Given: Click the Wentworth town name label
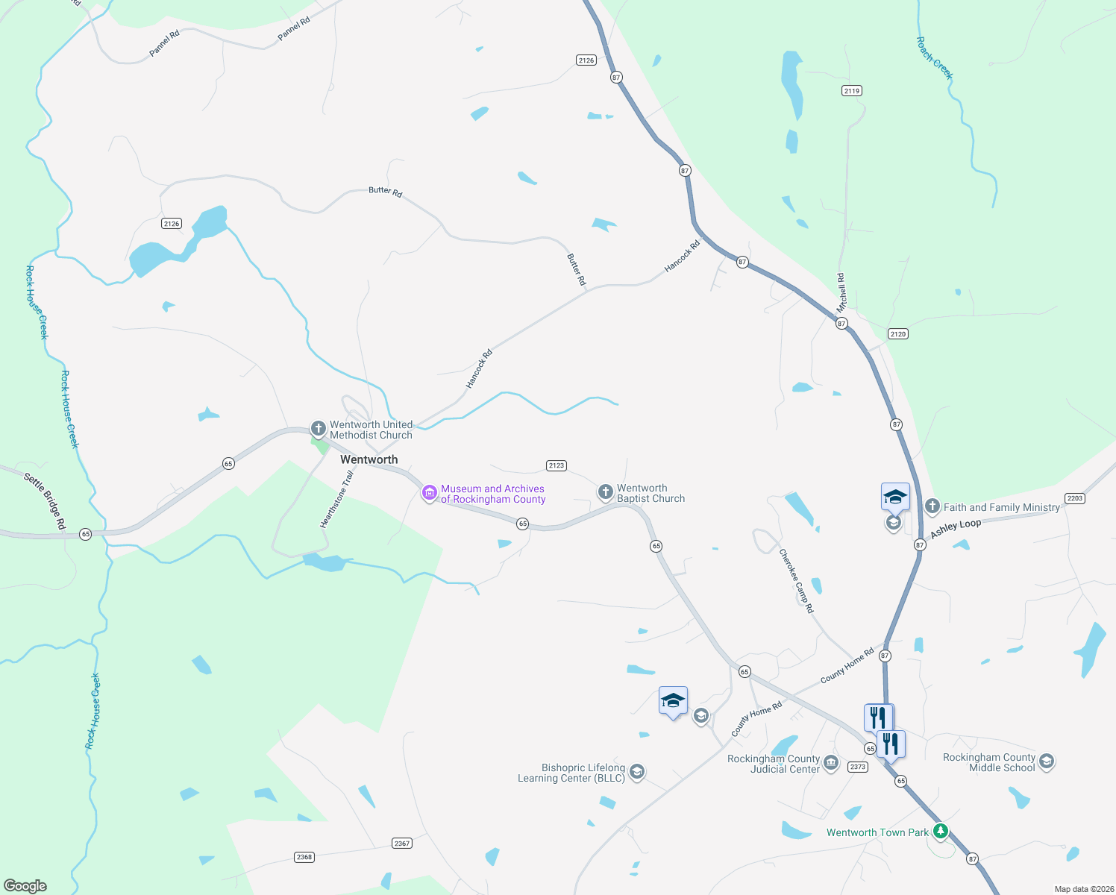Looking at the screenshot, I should pyautogui.click(x=369, y=459).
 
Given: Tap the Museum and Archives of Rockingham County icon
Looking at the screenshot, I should pyautogui.click(x=429, y=493).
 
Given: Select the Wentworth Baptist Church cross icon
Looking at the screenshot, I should pyautogui.click(x=606, y=492).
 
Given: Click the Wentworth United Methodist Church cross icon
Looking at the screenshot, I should pyautogui.click(x=319, y=429).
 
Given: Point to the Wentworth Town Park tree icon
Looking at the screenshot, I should pyautogui.click(x=941, y=831).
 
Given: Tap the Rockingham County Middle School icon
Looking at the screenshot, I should pyautogui.click(x=1047, y=761).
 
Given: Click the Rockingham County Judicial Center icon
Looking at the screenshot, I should pyautogui.click(x=832, y=764).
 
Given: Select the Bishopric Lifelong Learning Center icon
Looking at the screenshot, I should pyautogui.click(x=636, y=772).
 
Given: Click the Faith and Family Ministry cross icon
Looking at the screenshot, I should pyautogui.click(x=932, y=506).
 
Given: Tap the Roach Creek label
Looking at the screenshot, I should pyautogui.click(x=934, y=58).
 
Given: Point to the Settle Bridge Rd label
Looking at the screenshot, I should pyautogui.click(x=45, y=501).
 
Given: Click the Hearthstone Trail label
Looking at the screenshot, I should pyautogui.click(x=336, y=499).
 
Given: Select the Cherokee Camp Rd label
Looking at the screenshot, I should pyautogui.click(x=796, y=581).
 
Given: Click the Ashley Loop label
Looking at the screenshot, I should pyautogui.click(x=955, y=529).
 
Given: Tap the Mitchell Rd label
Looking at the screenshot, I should pyautogui.click(x=841, y=292).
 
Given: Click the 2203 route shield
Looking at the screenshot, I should pyautogui.click(x=1074, y=498).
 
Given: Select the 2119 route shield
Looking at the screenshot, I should pyautogui.click(x=852, y=90).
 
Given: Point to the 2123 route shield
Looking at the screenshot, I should pyautogui.click(x=557, y=465).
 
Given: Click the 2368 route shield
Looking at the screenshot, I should pyautogui.click(x=304, y=857).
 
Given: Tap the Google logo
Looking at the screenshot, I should pyautogui.click(x=25, y=886).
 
